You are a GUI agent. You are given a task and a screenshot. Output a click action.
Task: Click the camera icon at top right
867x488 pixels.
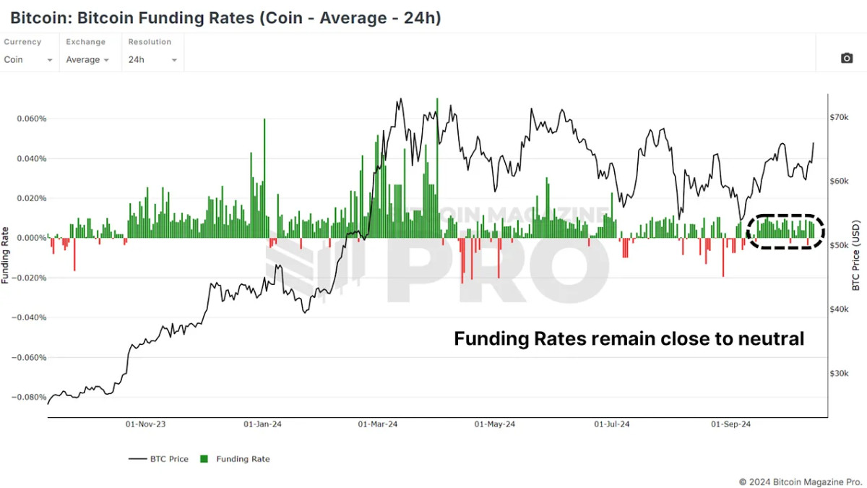[x=847, y=58]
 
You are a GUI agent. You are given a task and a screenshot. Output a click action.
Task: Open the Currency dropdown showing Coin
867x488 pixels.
[x=28, y=60]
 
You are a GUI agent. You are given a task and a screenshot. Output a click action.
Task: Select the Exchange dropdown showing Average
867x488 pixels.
[x=87, y=60]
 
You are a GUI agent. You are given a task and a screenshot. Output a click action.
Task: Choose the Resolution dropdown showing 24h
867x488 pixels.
[x=152, y=60]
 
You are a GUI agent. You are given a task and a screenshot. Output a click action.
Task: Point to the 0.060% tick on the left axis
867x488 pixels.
[x=32, y=119]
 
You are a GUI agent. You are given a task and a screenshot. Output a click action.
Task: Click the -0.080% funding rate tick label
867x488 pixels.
[x=30, y=397]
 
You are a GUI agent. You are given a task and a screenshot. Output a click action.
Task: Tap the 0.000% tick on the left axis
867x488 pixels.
[x=32, y=238]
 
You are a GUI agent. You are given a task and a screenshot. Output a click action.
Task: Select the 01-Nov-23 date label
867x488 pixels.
[x=146, y=424]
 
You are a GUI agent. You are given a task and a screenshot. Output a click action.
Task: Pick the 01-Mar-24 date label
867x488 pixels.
[x=379, y=424]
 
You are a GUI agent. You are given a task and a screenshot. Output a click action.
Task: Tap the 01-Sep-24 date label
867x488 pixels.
[x=731, y=424]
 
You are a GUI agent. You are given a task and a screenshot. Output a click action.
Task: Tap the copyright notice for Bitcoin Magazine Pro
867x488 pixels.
[x=800, y=481]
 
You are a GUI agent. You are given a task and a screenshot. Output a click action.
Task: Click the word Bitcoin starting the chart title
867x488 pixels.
[x=36, y=17]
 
